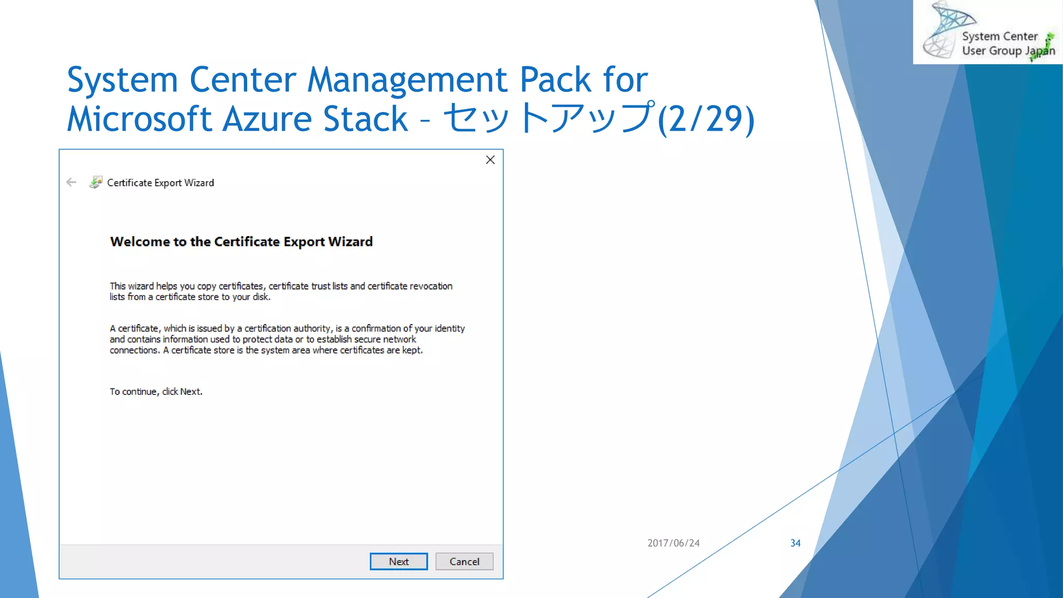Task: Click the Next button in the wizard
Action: pos(399,561)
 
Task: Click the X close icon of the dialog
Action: pos(490,160)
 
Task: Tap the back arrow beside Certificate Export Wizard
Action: pos(72,182)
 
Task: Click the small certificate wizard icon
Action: pos(96,182)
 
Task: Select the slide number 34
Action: pos(795,543)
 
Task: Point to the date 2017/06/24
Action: pos(673,543)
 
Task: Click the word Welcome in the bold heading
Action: pos(140,242)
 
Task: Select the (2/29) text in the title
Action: pos(706,119)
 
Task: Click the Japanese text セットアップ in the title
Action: pos(549,118)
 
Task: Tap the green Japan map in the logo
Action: pos(1048,44)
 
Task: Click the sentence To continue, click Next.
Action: pos(156,392)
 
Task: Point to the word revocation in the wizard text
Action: pos(431,286)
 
